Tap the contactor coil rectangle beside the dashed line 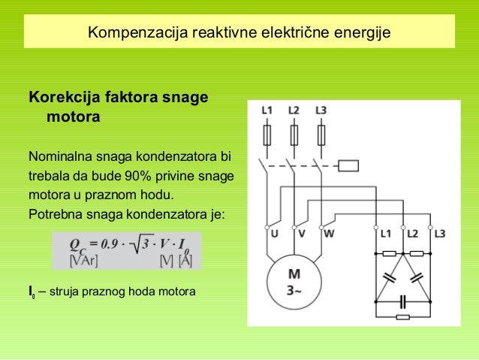[x=350, y=165]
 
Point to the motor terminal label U [x=272, y=234]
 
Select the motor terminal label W [x=329, y=234]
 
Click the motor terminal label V [x=301, y=234]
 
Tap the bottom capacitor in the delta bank [x=405, y=302]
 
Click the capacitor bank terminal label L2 [x=412, y=234]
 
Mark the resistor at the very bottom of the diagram [x=404, y=318]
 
